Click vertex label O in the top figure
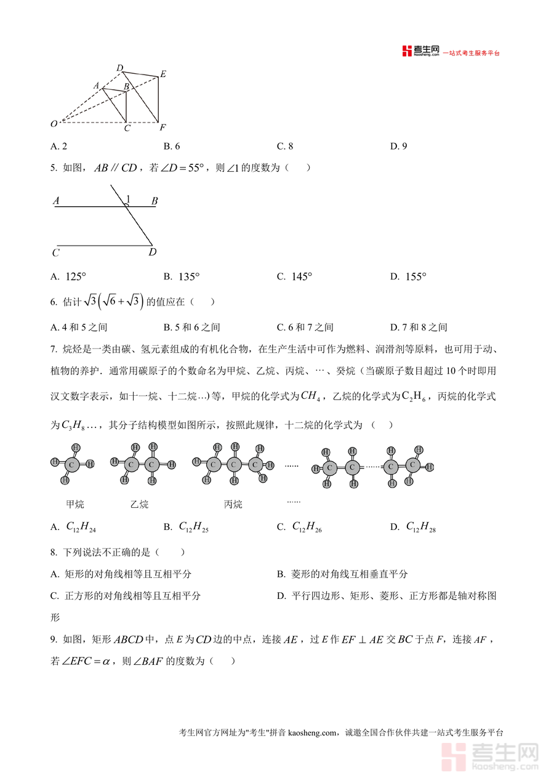54,124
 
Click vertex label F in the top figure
162,128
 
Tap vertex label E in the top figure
163,74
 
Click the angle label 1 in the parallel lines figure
128,199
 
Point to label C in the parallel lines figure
55,252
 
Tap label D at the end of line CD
152,252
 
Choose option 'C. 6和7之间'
305,327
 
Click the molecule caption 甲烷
74,504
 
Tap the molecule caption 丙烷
233,504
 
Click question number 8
54,553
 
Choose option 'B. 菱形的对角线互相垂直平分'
342,574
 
